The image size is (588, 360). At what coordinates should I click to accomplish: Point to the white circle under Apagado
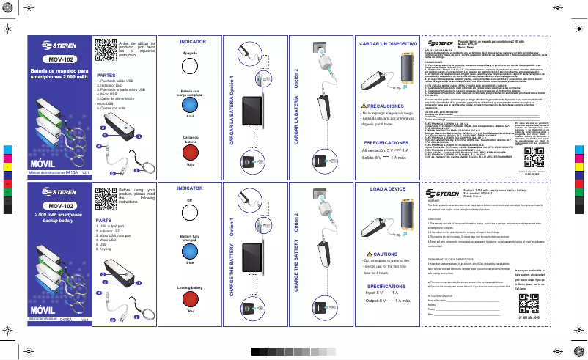190,65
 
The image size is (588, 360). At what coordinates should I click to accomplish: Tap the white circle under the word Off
190,210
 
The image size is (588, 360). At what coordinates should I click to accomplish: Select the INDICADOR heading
192,44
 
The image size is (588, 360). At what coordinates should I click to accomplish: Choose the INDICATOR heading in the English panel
191,188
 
